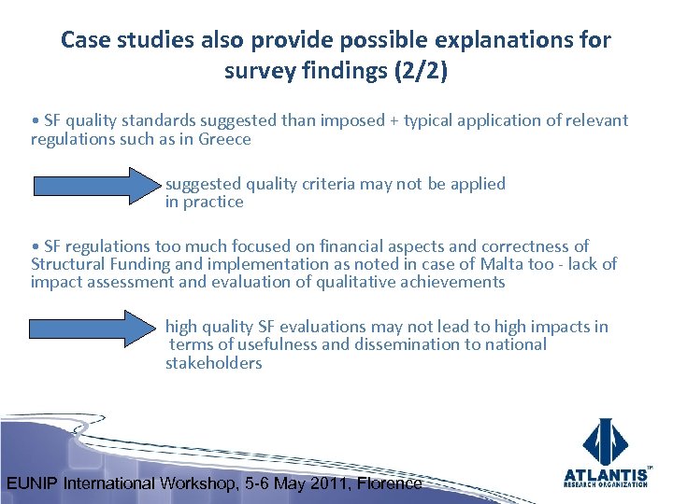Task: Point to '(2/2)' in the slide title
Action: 422,71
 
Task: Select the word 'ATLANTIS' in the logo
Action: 607,474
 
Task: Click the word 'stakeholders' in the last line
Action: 214,363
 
